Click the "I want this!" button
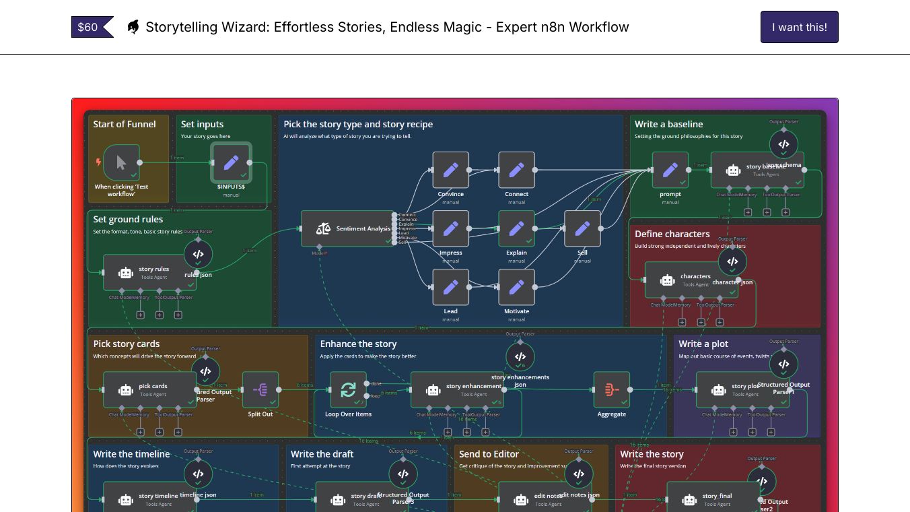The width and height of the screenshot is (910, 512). (x=799, y=27)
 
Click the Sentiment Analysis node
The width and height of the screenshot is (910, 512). (x=347, y=228)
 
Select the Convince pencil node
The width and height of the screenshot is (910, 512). (x=450, y=170)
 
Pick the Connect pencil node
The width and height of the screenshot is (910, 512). (x=516, y=170)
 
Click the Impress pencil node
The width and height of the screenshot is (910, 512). (x=450, y=228)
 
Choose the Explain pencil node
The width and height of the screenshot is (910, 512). (x=516, y=228)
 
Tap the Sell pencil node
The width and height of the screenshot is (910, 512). (x=582, y=228)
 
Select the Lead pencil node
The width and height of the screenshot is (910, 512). (x=450, y=287)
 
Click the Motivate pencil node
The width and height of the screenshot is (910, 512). (x=516, y=287)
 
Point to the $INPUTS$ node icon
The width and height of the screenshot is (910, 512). (x=231, y=162)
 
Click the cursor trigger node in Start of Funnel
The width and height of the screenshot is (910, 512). (x=121, y=162)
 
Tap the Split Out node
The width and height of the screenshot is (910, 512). (x=260, y=389)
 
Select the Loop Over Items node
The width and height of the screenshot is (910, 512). (x=348, y=389)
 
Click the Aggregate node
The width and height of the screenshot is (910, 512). (x=611, y=389)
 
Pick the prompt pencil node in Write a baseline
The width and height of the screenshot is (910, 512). (x=670, y=170)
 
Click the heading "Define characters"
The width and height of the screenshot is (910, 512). (x=672, y=234)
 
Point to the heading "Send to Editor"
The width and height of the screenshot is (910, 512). (x=489, y=454)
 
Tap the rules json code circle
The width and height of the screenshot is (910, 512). (x=198, y=254)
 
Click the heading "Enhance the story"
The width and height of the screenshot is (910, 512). (x=358, y=344)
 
